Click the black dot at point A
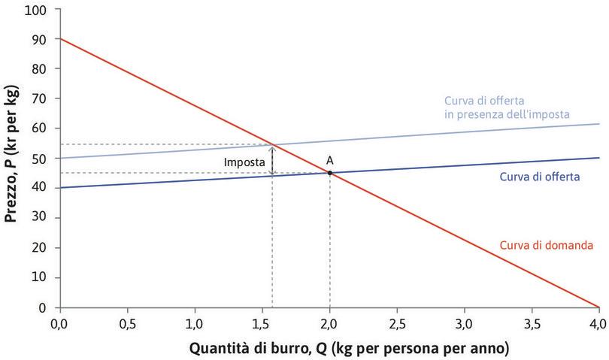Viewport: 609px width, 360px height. pos(329,173)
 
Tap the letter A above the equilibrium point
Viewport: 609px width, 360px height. pos(329,159)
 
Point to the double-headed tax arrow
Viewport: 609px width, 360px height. pos(272,160)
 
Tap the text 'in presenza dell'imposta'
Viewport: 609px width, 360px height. pos(505,113)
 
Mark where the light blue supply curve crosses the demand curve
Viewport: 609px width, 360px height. pos(272,144)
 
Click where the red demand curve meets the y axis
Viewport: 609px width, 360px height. pos(59,38)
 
